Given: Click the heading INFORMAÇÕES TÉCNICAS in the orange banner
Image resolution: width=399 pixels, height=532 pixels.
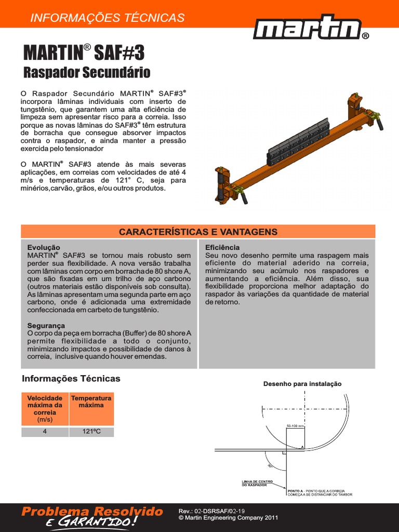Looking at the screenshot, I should [x=108, y=18].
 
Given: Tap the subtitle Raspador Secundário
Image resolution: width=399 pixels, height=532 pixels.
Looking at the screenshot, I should [x=87, y=72].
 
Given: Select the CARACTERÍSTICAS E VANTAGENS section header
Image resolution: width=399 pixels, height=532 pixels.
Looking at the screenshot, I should [x=198, y=232].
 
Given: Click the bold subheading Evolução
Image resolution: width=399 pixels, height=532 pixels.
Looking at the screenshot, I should [x=44, y=248].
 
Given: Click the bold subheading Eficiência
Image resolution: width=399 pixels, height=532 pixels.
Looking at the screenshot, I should [x=222, y=248].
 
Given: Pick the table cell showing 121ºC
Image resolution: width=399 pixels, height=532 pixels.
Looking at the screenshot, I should [x=91, y=432].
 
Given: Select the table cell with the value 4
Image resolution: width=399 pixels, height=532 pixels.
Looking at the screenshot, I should [x=45, y=432].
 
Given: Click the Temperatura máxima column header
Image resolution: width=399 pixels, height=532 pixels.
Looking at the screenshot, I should [x=91, y=402].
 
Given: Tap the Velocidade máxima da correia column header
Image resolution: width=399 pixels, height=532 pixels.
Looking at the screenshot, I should [x=45, y=408].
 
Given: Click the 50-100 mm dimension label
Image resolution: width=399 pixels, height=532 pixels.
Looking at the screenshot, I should [x=295, y=426].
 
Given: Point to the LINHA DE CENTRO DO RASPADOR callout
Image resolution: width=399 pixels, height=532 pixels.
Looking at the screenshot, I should [x=257, y=483].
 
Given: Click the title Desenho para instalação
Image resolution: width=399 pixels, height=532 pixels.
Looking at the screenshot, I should [x=302, y=383].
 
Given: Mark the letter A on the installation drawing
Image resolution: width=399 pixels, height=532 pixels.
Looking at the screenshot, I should [x=302, y=446].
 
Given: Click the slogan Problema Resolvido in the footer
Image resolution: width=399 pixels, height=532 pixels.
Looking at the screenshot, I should [x=92, y=512].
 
